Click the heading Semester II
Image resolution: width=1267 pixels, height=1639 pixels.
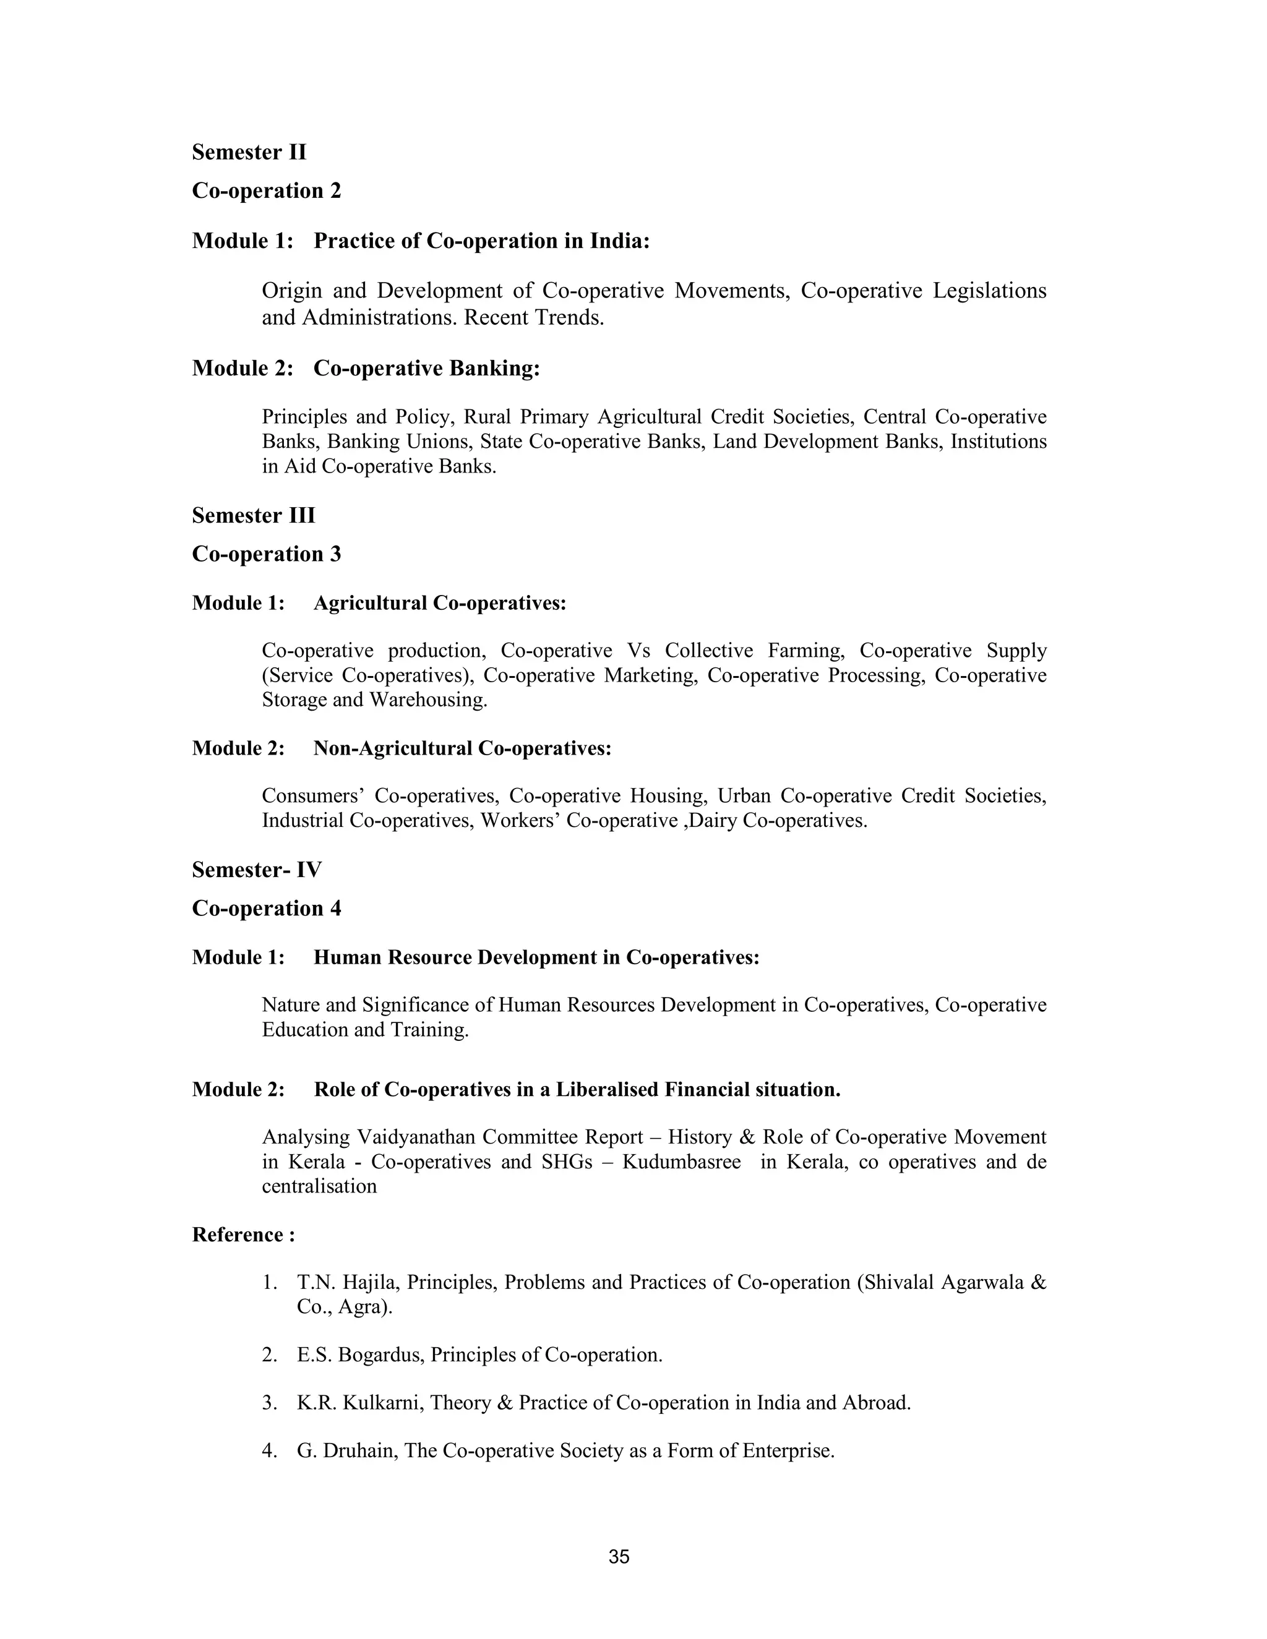[x=249, y=152]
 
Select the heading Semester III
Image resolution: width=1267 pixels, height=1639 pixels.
[x=254, y=516]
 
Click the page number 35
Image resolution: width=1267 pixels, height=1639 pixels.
[x=619, y=1557]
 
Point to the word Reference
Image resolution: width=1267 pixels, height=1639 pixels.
[x=237, y=1235]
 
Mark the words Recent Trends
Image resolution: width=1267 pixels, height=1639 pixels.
[x=534, y=318]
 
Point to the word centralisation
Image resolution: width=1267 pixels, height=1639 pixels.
[x=319, y=1186]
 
